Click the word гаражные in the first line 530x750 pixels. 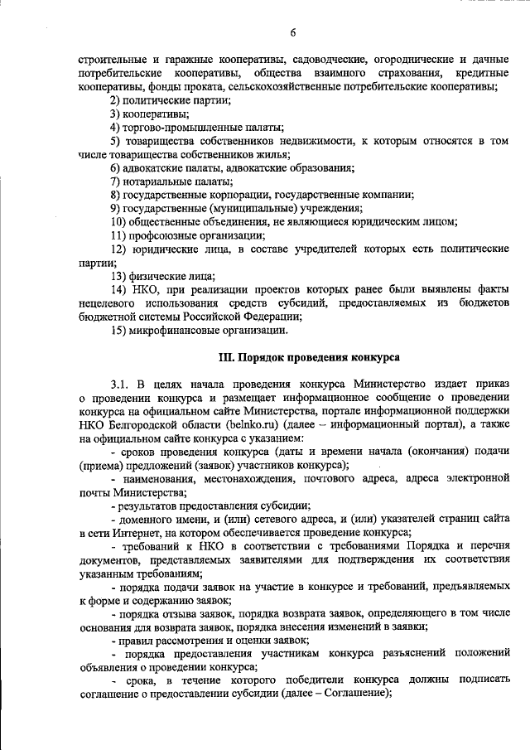pos(180,60)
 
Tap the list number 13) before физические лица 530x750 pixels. pos(121,275)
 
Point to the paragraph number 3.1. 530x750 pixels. pos(120,385)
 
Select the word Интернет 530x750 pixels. pos(127,532)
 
